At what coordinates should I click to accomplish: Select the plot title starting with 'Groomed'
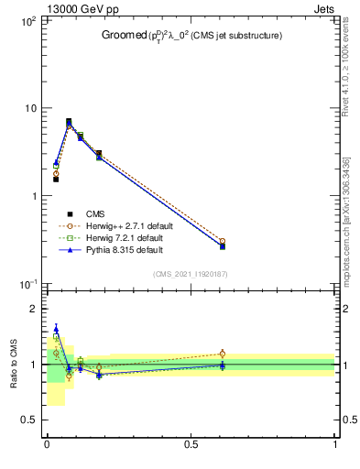pyautogui.click(x=191, y=36)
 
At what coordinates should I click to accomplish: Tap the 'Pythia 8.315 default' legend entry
pyautogui.click(x=121, y=249)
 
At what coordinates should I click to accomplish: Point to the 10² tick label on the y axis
pyautogui.click(x=28, y=20)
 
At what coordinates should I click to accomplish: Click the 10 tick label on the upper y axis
pyautogui.click(x=30, y=108)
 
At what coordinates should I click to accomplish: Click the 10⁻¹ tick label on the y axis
pyautogui.click(x=28, y=285)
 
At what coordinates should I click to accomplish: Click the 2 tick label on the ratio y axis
pyautogui.click(x=32, y=310)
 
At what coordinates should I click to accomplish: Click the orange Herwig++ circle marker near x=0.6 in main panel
pyautogui.click(x=222, y=242)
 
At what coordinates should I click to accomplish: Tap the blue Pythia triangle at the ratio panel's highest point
pyautogui.click(x=56, y=329)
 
